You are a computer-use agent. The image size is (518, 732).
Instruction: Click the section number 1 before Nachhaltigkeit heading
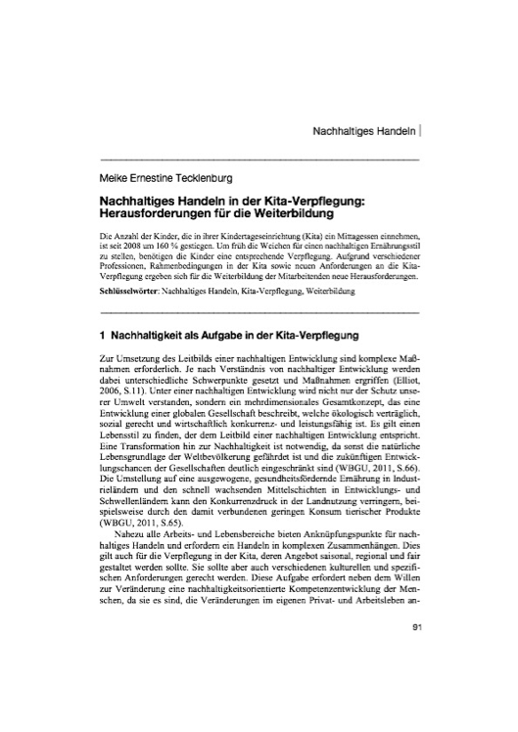104,335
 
